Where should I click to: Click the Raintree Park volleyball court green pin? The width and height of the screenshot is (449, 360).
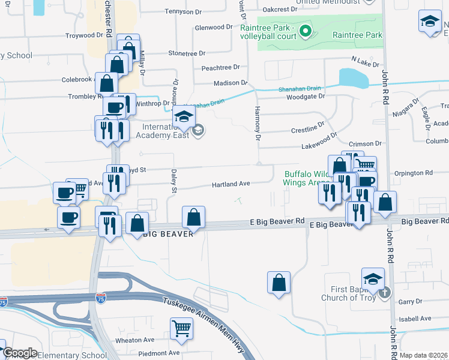304,31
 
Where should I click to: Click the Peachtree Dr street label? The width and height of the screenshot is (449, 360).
220,67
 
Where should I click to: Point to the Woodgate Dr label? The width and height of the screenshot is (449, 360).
305,96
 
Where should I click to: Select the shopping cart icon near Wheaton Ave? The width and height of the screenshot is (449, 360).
181,329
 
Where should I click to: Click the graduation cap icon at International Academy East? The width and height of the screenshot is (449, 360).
184,116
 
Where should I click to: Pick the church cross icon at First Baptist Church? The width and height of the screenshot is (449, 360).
385,293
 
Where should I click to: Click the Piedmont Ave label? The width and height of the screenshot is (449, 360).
158,353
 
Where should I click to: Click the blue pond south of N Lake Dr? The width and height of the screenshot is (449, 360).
354,78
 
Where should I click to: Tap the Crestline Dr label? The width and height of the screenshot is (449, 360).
307,128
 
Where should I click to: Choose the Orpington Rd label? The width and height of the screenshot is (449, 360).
414,173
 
